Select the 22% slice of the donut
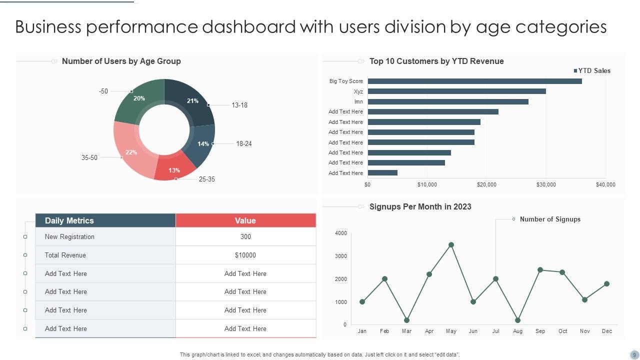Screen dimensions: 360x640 pos(131,152)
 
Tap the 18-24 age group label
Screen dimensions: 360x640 pos(244,143)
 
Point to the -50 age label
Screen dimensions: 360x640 pos(103,91)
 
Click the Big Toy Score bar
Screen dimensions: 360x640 pos(474,81)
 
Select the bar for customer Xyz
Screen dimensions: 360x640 pos(456,91)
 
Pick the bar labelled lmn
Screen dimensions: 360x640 pos(448,101)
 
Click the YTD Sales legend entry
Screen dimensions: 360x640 pos(594,70)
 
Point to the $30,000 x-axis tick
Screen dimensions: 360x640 pos(546,184)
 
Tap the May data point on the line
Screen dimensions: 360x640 pos(451,245)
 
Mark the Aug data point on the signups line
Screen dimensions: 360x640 pos(517,320)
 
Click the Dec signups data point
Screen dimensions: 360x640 pos(606,283)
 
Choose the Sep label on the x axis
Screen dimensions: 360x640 pos(540,331)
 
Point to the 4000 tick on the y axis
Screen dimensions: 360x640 pos(341,233)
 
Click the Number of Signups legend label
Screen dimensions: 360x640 pos(550,219)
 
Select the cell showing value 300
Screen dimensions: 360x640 pos(245,236)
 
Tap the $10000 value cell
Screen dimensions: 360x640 pos(245,255)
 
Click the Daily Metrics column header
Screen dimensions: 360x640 pos(69,220)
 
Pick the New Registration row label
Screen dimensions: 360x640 pos(69,236)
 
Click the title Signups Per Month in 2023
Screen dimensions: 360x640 pos(420,206)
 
